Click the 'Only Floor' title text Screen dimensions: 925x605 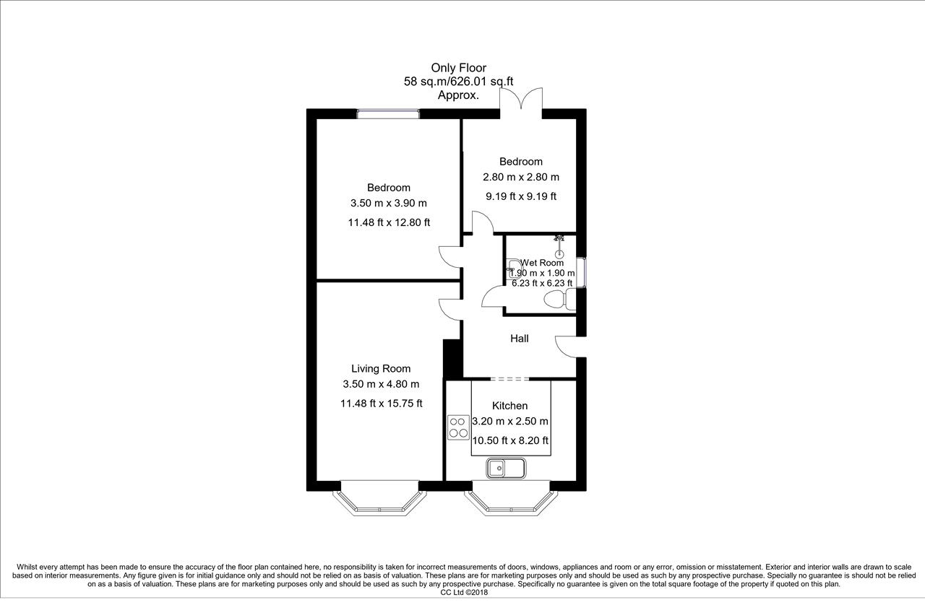click(x=458, y=68)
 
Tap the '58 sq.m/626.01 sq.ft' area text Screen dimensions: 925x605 click(x=458, y=82)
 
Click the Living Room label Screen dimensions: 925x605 click(x=381, y=368)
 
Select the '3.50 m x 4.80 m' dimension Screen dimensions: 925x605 click(x=381, y=384)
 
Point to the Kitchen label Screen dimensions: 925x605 click(x=510, y=406)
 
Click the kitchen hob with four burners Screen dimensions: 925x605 click(x=458, y=427)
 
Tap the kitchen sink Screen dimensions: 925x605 click(x=506, y=469)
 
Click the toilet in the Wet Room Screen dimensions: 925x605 click(x=560, y=299)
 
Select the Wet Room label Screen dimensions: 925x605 click(x=542, y=263)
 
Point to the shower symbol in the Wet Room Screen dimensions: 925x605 click(x=559, y=246)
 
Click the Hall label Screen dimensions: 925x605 click(x=520, y=339)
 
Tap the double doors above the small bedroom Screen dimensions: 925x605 click(x=521, y=99)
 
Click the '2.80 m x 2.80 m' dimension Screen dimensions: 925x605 click(x=521, y=177)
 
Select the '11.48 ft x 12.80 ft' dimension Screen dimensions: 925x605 click(x=389, y=222)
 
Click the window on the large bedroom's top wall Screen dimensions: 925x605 click(x=388, y=113)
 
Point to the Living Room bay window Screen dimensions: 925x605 click(x=379, y=498)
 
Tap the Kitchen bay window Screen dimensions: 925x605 click(x=511, y=498)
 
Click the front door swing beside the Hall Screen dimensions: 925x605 click(x=566, y=347)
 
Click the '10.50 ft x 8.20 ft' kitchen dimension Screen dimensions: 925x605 click(x=510, y=440)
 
